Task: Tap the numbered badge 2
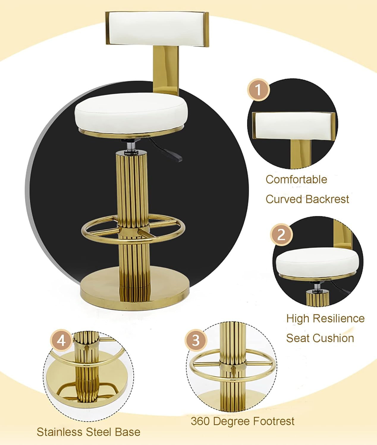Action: click(281, 235)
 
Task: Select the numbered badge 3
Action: click(196, 340)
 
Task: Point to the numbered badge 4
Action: click(61, 340)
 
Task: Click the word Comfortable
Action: click(296, 179)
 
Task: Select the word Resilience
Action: click(338, 318)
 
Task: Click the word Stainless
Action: click(61, 432)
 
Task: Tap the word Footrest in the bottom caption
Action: click(270, 421)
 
